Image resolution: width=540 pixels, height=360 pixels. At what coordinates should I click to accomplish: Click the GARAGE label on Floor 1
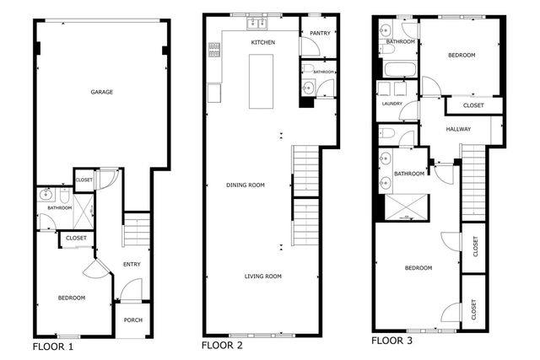(x=102, y=92)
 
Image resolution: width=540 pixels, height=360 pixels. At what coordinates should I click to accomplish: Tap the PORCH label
(x=132, y=320)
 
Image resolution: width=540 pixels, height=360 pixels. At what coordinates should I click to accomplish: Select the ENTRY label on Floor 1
(x=132, y=265)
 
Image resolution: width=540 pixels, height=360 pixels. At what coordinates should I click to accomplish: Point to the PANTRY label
(x=319, y=34)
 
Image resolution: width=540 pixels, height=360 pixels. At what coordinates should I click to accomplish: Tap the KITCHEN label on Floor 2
(x=263, y=41)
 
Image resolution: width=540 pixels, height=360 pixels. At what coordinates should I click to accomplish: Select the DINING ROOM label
(x=246, y=185)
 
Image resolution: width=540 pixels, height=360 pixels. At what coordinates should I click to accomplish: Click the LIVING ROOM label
(x=263, y=277)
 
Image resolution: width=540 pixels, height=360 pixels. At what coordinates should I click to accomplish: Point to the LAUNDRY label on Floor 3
(x=391, y=105)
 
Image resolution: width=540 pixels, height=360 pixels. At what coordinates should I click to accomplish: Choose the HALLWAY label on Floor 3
(x=458, y=129)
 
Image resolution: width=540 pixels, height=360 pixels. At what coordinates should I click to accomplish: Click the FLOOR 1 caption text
(x=53, y=347)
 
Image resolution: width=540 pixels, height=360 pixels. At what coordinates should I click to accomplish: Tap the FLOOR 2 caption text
(x=222, y=346)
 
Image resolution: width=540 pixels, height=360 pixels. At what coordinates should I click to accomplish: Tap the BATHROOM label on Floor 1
(x=59, y=207)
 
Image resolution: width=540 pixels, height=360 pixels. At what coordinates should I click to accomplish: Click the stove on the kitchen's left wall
(x=213, y=51)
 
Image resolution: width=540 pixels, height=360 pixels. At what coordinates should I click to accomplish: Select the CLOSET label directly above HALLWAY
(x=473, y=105)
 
